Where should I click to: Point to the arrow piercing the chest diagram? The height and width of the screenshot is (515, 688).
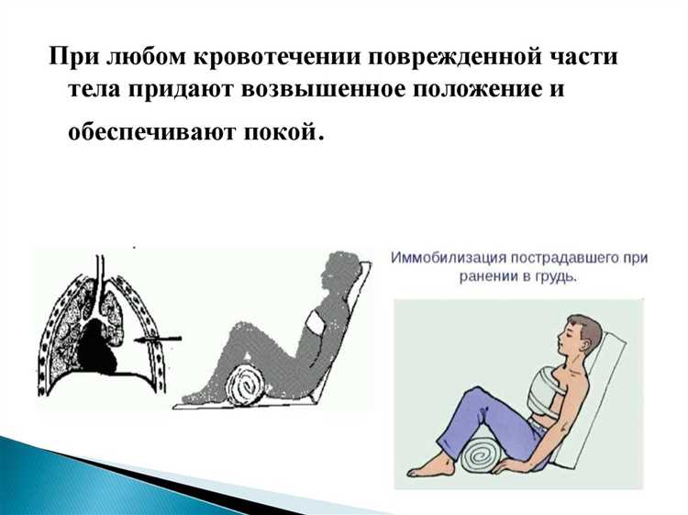[x=159, y=339]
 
